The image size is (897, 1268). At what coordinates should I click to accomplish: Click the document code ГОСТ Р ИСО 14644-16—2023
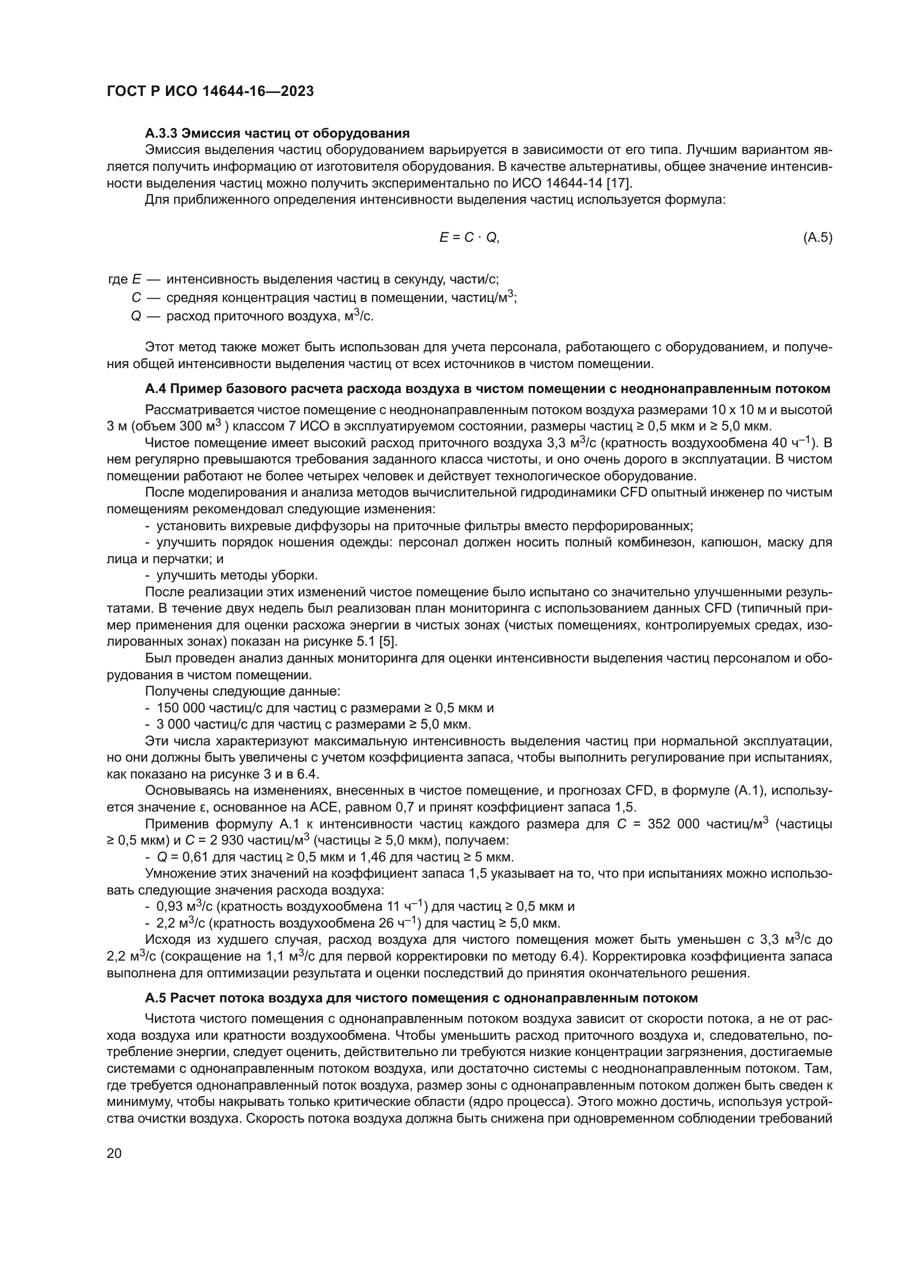pyautogui.click(x=210, y=91)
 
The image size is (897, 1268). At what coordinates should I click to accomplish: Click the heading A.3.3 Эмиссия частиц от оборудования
pyautogui.click(x=277, y=133)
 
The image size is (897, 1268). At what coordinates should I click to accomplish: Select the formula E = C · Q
pyautogui.click(x=469, y=237)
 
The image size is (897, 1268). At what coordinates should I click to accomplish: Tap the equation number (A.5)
pyautogui.click(x=817, y=237)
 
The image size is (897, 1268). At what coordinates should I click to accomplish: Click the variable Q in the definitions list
pyautogui.click(x=136, y=317)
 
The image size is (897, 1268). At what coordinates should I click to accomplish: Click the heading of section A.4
pyautogui.click(x=487, y=389)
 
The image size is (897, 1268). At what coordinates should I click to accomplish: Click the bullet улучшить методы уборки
pyautogui.click(x=237, y=576)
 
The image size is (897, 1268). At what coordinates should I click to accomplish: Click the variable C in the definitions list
pyautogui.click(x=137, y=298)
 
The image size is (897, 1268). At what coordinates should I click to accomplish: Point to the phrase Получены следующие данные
pyautogui.click(x=242, y=691)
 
